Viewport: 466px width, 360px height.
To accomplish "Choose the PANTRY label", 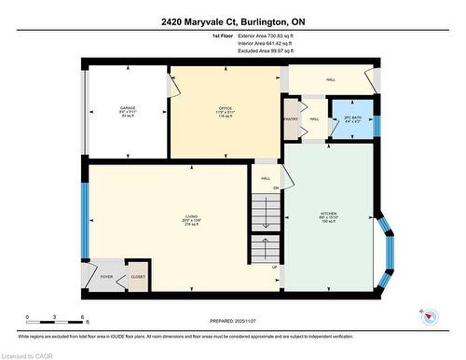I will tap(290, 119).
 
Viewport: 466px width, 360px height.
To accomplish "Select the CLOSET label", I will tap(137, 276).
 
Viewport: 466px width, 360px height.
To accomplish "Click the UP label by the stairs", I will tap(274, 267).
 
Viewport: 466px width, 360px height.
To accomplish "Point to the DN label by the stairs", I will tap(275, 188).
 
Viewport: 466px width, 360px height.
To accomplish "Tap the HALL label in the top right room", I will tap(330, 79).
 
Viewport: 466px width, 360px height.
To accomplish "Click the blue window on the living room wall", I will tap(85, 220).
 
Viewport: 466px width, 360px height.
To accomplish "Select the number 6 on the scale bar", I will tap(84, 318).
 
